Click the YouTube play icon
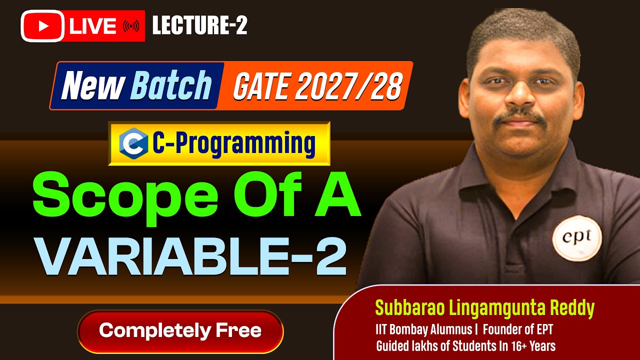coord(42,26)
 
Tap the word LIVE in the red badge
coord(93,26)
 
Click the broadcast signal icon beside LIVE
coord(130,26)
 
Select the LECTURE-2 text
coord(199,25)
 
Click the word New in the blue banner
coord(93,85)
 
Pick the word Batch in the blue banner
coord(170,85)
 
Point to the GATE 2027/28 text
coord(317,86)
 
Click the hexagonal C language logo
coord(133,143)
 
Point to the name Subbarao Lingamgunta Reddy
coord(484,308)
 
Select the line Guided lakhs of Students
coord(465,345)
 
